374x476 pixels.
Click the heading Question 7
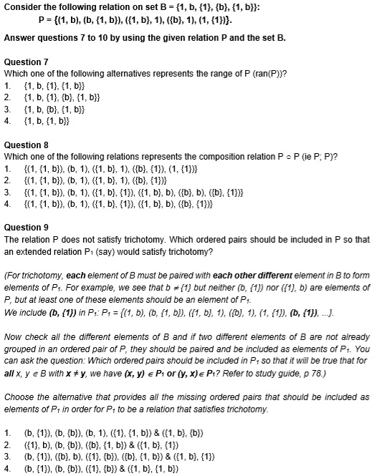(26, 63)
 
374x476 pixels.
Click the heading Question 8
(26, 145)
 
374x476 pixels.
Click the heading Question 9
(26, 227)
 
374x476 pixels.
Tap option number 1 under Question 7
(7, 84)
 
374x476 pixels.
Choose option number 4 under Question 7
(7, 120)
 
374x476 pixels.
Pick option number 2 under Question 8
(7, 179)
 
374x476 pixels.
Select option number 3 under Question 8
(7, 190)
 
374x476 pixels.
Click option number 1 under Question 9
(7, 433)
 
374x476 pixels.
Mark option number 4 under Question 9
(7, 468)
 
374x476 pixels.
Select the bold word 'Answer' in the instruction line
(20, 37)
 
